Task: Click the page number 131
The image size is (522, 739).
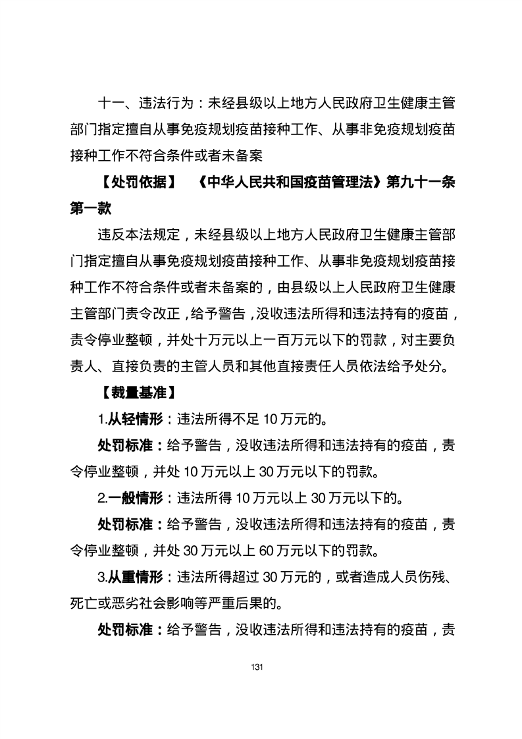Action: click(257, 667)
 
